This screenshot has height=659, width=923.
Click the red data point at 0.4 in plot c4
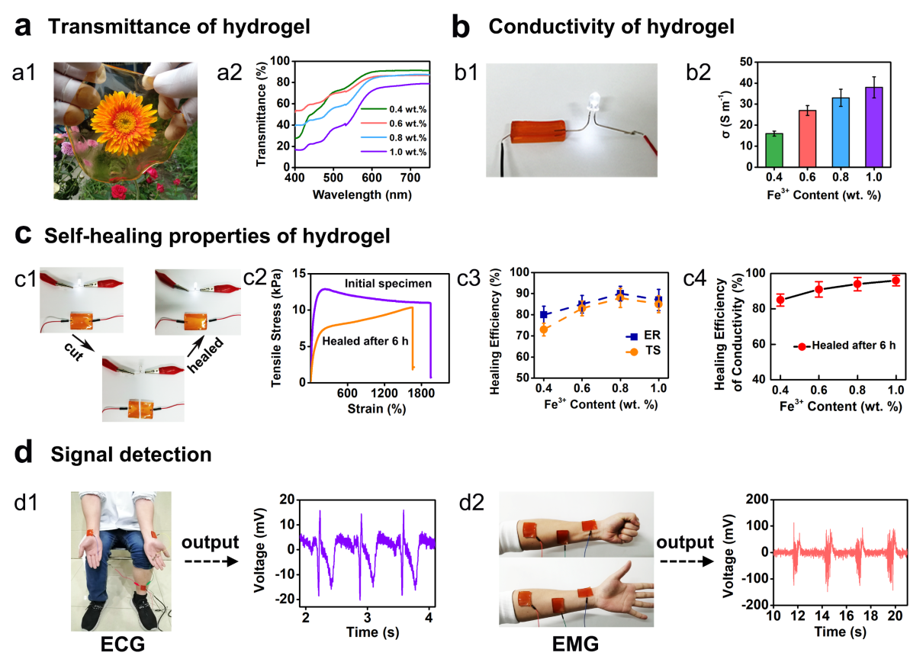pos(780,300)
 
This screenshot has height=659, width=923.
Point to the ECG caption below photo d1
pos(122,645)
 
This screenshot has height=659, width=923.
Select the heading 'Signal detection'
pos(130,455)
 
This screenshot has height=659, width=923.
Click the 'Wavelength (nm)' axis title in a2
pos(362,194)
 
